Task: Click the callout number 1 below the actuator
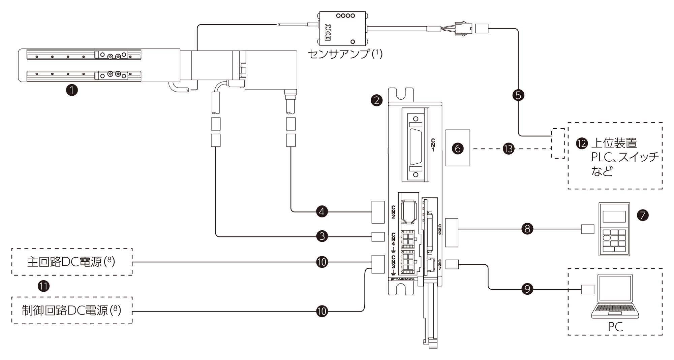coord(72,90)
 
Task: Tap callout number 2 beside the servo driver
coord(376,100)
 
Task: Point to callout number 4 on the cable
coord(322,211)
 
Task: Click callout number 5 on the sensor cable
coord(518,95)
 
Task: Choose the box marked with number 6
coord(458,148)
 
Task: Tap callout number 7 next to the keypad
coord(643,215)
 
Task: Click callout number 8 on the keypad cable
coord(527,229)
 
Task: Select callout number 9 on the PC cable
coord(527,289)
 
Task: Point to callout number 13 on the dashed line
coord(509,149)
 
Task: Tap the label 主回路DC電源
coord(64,262)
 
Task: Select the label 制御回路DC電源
coord(65,310)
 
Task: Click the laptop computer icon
coord(615,296)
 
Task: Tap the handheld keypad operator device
coord(614,229)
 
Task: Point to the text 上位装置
coord(614,143)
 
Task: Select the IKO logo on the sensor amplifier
coord(327,32)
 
